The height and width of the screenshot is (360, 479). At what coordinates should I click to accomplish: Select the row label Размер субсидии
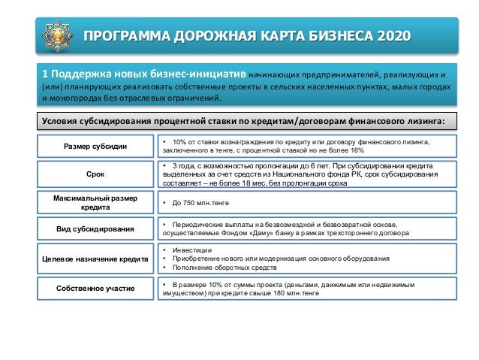(x=95, y=146)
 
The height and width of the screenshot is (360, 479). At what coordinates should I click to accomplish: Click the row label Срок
(x=95, y=174)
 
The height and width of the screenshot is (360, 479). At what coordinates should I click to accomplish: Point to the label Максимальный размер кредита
(x=95, y=202)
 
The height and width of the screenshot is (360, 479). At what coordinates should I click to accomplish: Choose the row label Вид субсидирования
(x=95, y=229)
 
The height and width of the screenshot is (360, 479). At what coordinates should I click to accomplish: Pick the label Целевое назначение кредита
(x=95, y=259)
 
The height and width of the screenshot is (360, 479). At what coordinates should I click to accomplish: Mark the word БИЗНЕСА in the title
(x=329, y=35)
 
